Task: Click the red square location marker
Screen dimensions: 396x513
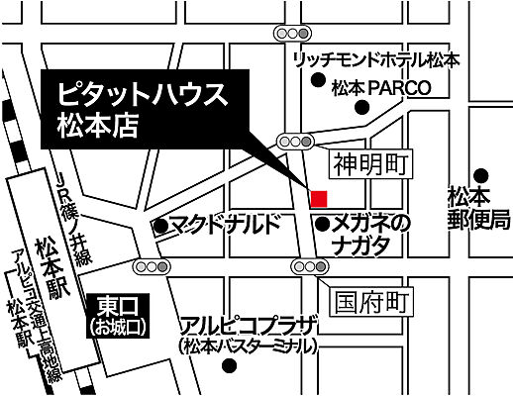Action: pyautogui.click(x=319, y=198)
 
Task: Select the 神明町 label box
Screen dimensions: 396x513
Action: pyautogui.click(x=370, y=161)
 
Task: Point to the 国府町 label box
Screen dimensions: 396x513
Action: pyautogui.click(x=370, y=299)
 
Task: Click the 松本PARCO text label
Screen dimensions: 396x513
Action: pyautogui.click(x=381, y=87)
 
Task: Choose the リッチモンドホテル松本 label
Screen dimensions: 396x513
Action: pyautogui.click(x=376, y=60)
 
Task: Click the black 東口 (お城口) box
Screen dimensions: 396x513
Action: pyautogui.click(x=118, y=314)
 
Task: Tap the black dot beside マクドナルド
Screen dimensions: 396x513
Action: pyautogui.click(x=158, y=227)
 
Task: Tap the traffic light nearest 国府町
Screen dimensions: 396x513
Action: pyautogui.click(x=310, y=265)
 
